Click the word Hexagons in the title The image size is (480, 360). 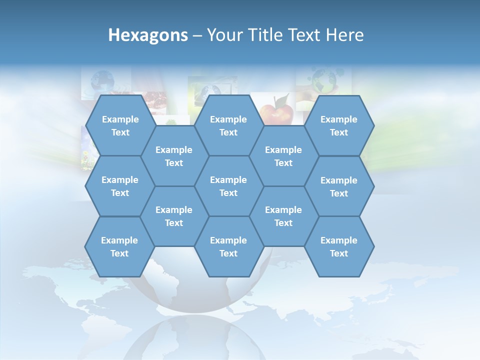point(148,35)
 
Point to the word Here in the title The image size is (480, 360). point(345,35)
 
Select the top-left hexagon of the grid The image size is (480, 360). point(120,125)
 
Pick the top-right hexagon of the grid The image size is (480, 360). point(339,125)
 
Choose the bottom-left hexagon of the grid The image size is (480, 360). point(119,246)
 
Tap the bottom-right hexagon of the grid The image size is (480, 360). point(339,246)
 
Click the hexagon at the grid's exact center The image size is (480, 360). point(228,186)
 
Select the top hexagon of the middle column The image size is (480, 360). point(228,125)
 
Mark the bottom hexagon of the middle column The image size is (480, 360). point(228,246)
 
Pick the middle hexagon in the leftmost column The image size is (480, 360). point(120,186)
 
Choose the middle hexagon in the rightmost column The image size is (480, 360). point(339,186)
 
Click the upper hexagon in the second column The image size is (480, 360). point(174,156)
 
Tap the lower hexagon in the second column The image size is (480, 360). point(174,216)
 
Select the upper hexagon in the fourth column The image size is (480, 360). point(283,156)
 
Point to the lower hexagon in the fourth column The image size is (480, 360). point(283,216)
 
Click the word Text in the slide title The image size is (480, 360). point(305,35)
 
